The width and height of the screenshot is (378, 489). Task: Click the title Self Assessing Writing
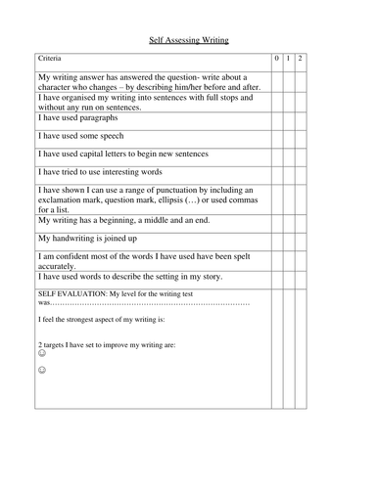[x=187, y=42]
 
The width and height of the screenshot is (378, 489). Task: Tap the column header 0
[x=277, y=60]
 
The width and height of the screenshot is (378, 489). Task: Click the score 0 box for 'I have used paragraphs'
[x=277, y=119]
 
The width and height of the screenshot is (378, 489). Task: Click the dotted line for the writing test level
[x=147, y=303]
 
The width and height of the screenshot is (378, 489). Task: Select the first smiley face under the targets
[x=41, y=355]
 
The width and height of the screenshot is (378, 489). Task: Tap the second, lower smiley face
[x=41, y=372]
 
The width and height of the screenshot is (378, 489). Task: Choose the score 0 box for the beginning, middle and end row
[x=277, y=221]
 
